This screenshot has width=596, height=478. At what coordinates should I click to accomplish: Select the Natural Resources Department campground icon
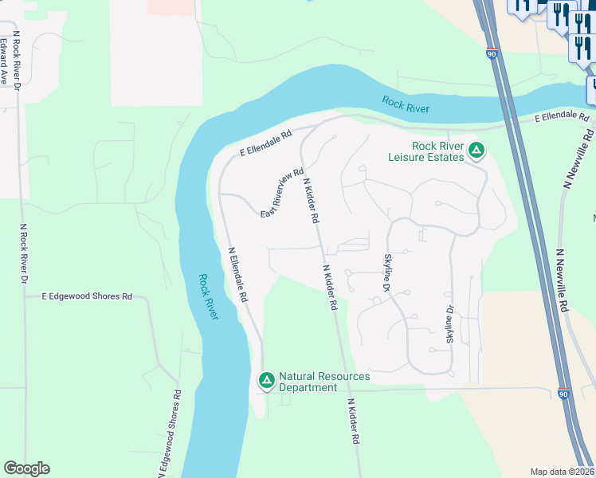267,381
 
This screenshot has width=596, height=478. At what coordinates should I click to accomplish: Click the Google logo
26,468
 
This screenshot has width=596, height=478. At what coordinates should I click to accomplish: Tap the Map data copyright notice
562,472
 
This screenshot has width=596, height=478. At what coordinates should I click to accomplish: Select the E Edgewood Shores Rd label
87,296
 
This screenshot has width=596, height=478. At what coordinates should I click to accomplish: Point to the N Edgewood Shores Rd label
171,434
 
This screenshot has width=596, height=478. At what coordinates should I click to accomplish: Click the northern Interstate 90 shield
492,53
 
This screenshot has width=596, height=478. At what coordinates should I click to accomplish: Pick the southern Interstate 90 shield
563,394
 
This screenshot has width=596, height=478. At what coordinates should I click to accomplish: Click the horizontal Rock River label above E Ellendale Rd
406,104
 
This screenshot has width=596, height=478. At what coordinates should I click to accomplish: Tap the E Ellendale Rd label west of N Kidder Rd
266,143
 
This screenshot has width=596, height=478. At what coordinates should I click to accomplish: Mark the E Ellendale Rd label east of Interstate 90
563,117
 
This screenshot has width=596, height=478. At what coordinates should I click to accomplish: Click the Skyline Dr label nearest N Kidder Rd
387,272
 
